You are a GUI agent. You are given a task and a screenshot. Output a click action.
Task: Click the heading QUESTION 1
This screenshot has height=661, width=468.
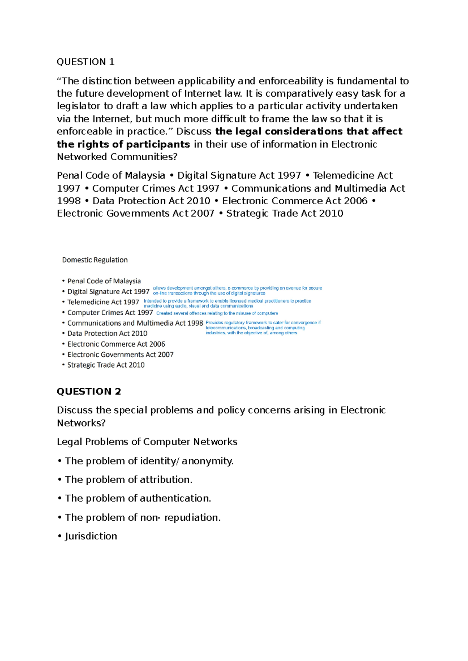tap(85, 62)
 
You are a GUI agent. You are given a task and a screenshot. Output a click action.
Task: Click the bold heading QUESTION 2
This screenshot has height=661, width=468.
tap(89, 391)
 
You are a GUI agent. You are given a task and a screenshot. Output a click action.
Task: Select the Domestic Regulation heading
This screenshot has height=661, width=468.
tap(95, 260)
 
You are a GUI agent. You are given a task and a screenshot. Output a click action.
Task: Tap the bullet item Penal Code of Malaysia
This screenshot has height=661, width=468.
tap(104, 281)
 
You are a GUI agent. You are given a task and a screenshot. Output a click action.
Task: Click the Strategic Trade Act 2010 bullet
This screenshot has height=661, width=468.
tap(106, 365)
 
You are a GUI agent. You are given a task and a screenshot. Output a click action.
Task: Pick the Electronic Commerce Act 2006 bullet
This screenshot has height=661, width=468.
tap(116, 344)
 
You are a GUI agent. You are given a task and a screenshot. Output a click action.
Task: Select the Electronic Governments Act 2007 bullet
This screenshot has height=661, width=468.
tap(120, 355)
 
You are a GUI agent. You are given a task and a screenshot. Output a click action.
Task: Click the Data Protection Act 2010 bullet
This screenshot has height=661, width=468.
tap(107, 334)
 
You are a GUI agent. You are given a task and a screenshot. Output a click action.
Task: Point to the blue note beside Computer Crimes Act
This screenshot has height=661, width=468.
tap(217, 313)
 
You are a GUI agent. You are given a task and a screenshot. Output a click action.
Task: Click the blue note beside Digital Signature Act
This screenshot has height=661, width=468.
tap(237, 291)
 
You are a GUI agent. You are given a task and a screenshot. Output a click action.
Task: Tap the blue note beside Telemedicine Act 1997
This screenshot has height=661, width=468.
tap(227, 304)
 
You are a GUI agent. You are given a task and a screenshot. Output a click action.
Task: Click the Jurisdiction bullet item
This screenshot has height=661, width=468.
tap(90, 536)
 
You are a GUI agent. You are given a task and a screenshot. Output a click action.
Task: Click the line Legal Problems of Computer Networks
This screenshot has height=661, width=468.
tap(147, 442)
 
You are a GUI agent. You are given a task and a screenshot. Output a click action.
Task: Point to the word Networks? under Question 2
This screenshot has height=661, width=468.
tap(81, 423)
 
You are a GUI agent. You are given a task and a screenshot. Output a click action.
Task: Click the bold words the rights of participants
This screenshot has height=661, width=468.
tap(123, 145)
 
